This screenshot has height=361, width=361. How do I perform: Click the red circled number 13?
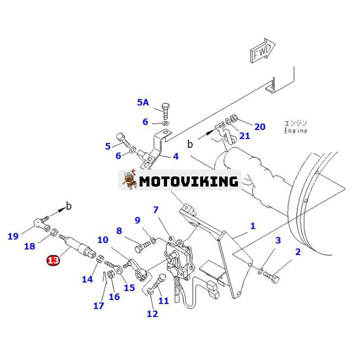tap(53, 260)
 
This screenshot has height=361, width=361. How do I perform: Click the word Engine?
tap(296, 131)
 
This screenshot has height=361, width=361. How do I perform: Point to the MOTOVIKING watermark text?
tap(189, 181)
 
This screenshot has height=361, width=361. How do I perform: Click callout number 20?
tap(259, 127)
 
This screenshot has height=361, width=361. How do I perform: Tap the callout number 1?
tap(253, 225)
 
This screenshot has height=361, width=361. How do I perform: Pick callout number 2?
tap(297, 252)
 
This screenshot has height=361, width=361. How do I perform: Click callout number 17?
tap(99, 306)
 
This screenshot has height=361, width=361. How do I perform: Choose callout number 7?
tap(156, 210)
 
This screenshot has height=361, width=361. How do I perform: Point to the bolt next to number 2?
tap(272, 275)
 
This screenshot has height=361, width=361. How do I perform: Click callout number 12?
tap(153, 314)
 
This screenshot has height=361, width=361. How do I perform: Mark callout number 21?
tap(244, 136)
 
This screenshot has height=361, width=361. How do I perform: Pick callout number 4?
tap(175, 157)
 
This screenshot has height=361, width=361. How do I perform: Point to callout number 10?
tap(102, 240)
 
